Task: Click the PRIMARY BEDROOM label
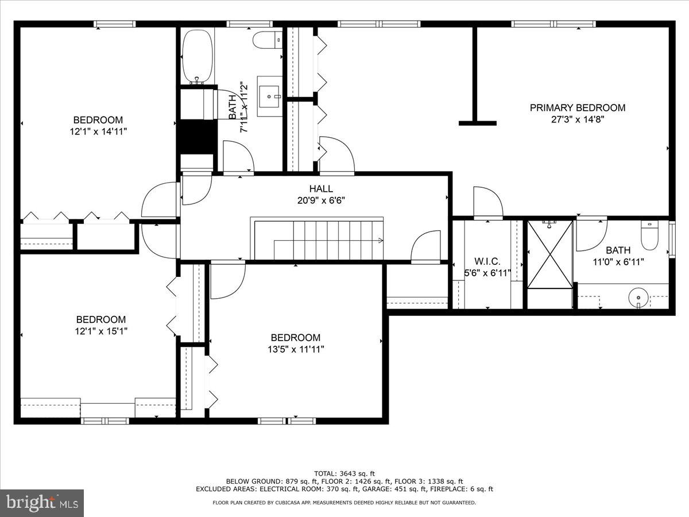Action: pyautogui.click(x=577, y=107)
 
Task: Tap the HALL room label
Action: pyautogui.click(x=321, y=188)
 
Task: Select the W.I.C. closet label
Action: pyautogui.click(x=487, y=261)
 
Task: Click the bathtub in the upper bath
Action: pyautogui.click(x=198, y=57)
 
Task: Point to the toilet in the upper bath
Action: pyautogui.click(x=268, y=40)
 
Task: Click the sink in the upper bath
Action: pyautogui.click(x=270, y=95)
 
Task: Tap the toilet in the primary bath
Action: pyautogui.click(x=650, y=236)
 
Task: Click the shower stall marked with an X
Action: pyautogui.click(x=550, y=254)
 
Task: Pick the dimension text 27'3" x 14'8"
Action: pyautogui.click(x=577, y=119)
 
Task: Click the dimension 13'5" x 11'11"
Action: pyautogui.click(x=296, y=349)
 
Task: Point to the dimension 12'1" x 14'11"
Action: pyautogui.click(x=98, y=132)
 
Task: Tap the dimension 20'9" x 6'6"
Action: pyautogui.click(x=321, y=200)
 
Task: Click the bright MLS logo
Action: pyautogui.click(x=42, y=503)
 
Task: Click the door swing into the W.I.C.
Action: pyautogui.click(x=488, y=202)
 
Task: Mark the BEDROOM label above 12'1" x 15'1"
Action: pyautogui.click(x=101, y=319)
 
